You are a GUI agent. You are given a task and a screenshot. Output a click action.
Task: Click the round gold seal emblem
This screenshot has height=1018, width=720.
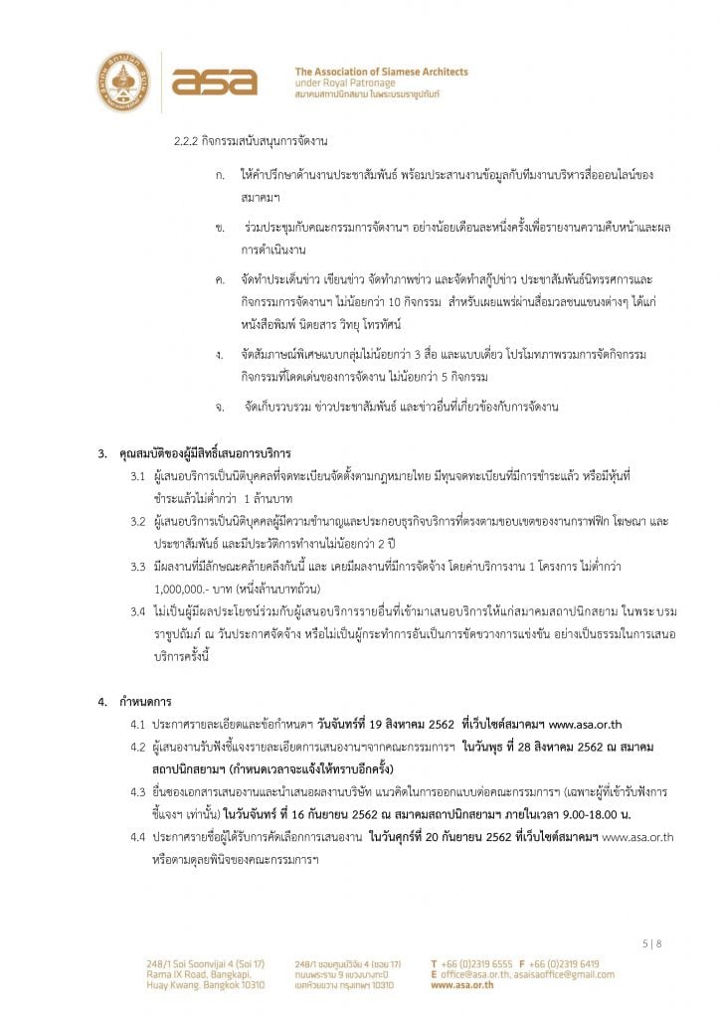(123, 81)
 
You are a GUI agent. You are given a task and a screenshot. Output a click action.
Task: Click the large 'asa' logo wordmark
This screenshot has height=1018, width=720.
(214, 82)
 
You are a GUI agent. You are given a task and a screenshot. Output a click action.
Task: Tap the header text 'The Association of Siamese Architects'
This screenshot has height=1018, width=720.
(382, 72)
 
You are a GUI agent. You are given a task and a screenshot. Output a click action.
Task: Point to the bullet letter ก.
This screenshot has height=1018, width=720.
(220, 175)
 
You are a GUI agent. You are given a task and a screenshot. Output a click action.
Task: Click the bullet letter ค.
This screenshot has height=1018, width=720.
(220, 281)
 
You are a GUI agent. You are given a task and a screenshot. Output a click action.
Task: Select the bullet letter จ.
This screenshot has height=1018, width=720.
(220, 406)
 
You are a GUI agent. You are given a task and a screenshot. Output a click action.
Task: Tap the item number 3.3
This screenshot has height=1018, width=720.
(139, 566)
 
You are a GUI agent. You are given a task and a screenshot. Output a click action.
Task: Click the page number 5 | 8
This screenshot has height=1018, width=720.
(650, 943)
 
